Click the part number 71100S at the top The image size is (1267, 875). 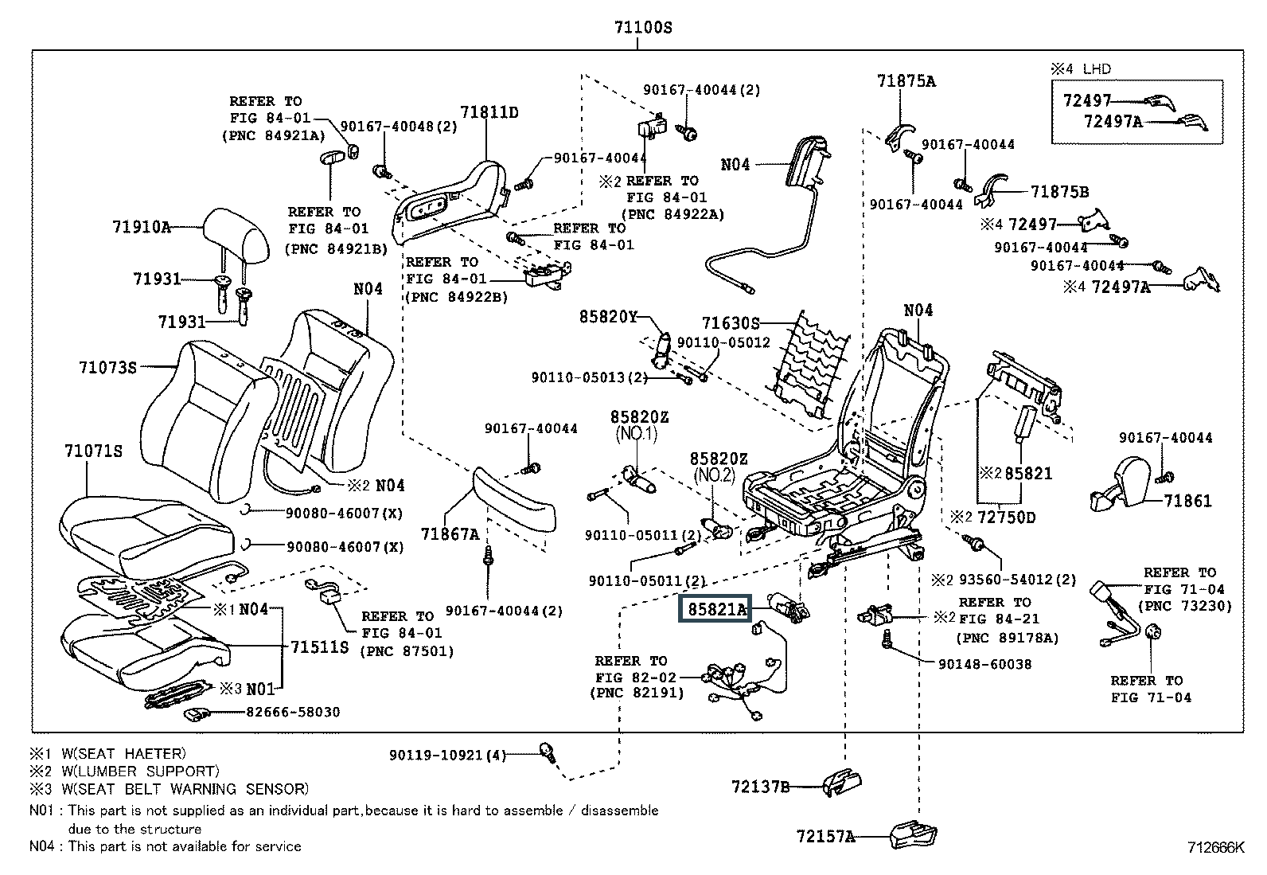(x=643, y=27)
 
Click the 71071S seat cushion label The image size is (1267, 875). (x=93, y=451)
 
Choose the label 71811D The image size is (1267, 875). (x=489, y=112)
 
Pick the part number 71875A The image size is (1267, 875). (x=906, y=80)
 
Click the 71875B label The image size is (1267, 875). (x=1060, y=192)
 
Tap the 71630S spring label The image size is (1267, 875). (x=730, y=323)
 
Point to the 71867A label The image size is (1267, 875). (x=450, y=534)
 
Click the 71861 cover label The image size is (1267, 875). (x=1187, y=501)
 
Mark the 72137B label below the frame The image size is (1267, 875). (x=760, y=787)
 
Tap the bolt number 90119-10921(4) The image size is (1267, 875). (x=447, y=754)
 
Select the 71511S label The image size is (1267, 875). (x=319, y=646)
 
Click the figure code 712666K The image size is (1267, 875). (x=1214, y=847)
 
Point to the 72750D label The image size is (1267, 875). (x=1007, y=518)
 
